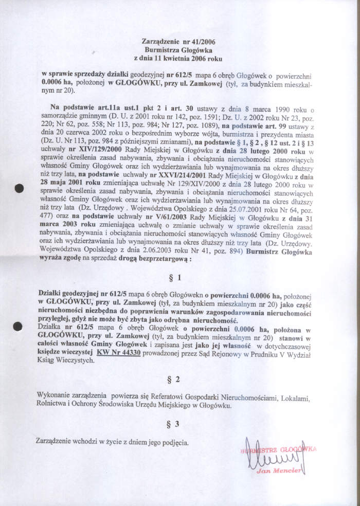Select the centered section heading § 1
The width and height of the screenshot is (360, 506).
point(176,278)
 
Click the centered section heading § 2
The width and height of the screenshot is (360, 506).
point(176,380)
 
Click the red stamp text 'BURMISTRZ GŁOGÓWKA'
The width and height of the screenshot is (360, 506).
point(278,450)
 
